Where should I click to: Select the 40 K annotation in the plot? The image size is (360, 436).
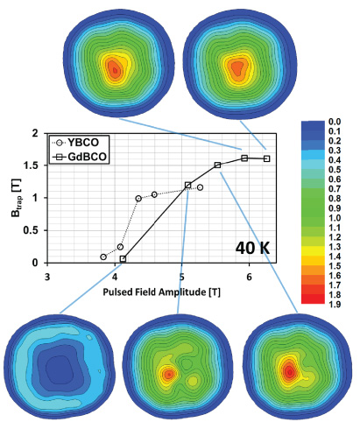[x=254, y=248]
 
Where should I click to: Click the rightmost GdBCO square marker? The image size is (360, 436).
[x=266, y=158]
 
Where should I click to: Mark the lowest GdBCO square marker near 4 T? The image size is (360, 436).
[x=123, y=259]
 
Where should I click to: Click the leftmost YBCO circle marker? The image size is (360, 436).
[x=103, y=257]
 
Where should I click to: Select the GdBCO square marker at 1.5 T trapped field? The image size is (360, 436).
[x=217, y=165]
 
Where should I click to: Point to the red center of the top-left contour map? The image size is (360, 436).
[x=113, y=67]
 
